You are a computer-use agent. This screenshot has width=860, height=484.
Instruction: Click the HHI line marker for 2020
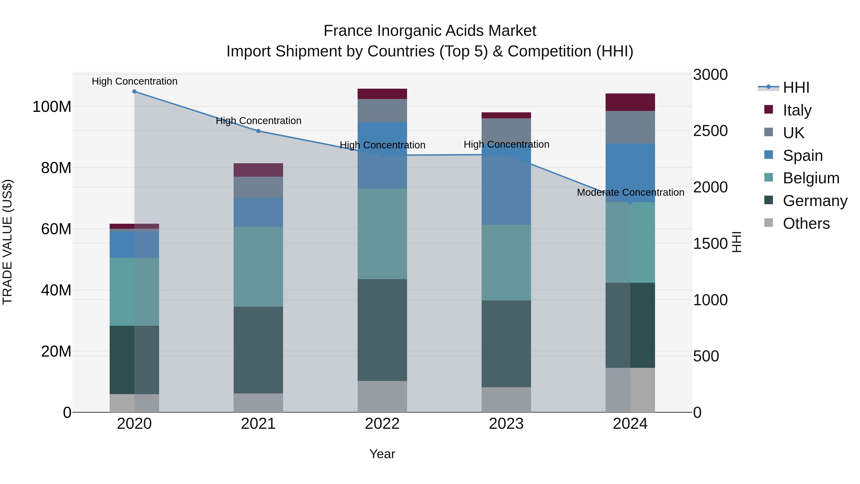(x=134, y=92)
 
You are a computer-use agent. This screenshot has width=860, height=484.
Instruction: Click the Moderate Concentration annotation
(x=630, y=192)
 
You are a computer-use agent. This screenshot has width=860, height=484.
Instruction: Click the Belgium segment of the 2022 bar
(x=382, y=234)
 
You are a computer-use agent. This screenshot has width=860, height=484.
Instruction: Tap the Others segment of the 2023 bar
(x=506, y=399)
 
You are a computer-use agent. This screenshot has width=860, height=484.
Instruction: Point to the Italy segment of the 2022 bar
(x=382, y=94)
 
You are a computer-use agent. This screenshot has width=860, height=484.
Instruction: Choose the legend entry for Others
(x=806, y=223)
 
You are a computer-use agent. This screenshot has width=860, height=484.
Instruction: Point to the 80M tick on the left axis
(x=56, y=168)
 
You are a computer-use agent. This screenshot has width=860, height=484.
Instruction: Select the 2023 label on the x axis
(x=506, y=424)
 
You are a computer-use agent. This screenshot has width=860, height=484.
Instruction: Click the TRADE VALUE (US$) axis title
(x=7, y=242)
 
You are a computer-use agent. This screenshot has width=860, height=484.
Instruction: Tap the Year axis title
(x=382, y=454)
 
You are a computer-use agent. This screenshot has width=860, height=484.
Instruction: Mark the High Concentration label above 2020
(x=134, y=81)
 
